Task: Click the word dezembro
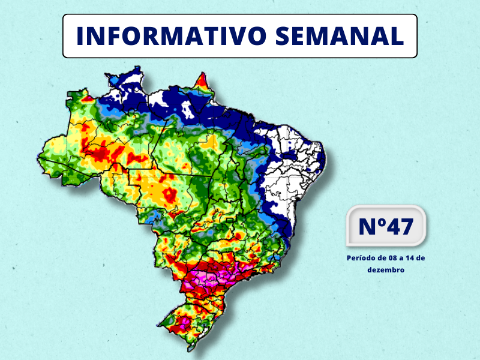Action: click(x=386, y=270)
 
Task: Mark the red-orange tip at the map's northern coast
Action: click(x=203, y=80)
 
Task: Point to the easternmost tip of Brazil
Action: click(x=325, y=157)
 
